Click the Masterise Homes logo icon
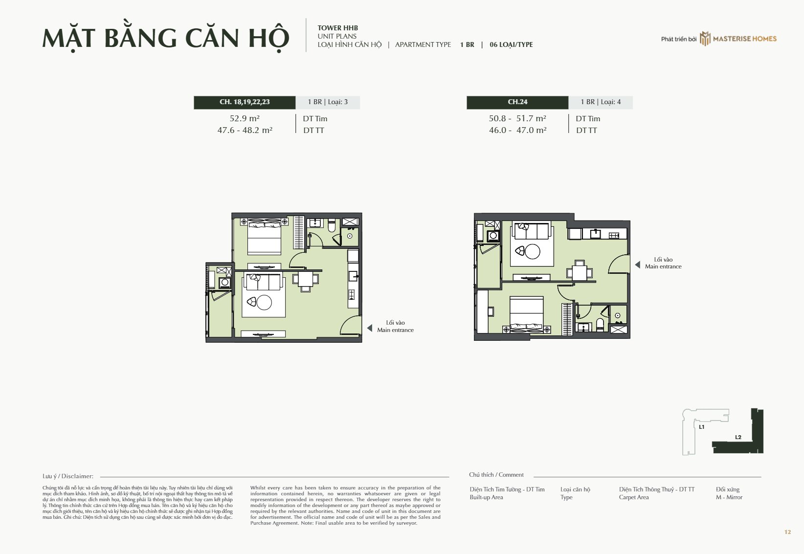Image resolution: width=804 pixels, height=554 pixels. point(705,39)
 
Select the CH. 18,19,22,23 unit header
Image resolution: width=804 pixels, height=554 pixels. point(245,102)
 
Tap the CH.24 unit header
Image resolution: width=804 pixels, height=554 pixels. point(517,102)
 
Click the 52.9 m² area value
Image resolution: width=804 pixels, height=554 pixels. point(245,118)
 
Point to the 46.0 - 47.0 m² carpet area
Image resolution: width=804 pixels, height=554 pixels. point(517,130)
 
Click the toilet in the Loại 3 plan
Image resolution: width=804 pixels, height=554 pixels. point(332,225)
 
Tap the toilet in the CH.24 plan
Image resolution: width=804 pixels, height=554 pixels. point(600,325)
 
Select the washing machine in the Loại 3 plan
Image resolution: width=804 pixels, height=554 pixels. point(225,283)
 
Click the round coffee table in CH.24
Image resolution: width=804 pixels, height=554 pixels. point(532,251)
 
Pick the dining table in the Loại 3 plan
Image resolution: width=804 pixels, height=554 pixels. point(306,279)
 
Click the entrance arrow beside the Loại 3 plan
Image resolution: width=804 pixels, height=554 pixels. point(369,328)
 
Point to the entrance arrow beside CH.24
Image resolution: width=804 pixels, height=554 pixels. point(637,265)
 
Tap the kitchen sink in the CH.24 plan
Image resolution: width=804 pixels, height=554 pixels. point(596,234)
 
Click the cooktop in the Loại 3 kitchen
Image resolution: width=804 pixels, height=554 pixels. point(352,294)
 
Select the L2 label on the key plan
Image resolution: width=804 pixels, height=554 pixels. point(738,437)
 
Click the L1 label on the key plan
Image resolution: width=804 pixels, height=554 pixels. point(701,427)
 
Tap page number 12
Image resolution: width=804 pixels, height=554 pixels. point(787,532)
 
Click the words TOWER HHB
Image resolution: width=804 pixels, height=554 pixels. point(338,28)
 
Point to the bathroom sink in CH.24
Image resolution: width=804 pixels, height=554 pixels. point(583,327)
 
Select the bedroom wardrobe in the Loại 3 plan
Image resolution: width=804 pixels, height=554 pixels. point(299,233)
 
